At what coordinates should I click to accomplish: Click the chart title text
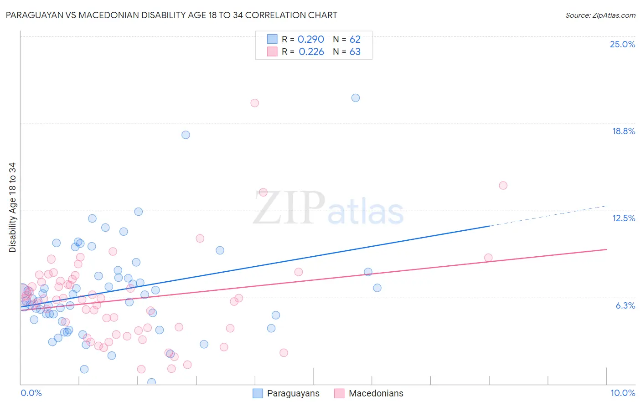[x=171, y=15]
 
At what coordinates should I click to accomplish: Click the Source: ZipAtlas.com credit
[x=600, y=15]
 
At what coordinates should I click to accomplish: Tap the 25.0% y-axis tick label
[x=622, y=44]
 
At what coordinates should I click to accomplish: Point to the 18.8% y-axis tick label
[x=623, y=131]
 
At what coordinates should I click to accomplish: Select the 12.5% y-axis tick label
[x=623, y=218]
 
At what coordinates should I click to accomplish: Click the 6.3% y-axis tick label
[x=625, y=305]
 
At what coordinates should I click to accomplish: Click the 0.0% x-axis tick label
[x=31, y=393]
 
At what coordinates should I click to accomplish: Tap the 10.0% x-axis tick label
[x=622, y=393]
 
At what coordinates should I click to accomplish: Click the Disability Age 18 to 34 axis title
[x=12, y=208]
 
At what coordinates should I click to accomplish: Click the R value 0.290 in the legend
[x=310, y=40]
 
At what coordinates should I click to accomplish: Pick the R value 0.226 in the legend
[x=311, y=52]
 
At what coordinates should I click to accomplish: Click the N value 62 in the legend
[x=355, y=40]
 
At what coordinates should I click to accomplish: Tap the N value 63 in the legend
[x=355, y=52]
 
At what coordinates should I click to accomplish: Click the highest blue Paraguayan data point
[x=356, y=98]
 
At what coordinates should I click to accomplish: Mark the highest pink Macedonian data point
[x=255, y=103]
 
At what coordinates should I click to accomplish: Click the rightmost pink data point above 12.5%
[x=503, y=185]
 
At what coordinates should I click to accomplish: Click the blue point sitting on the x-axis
[x=151, y=382]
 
